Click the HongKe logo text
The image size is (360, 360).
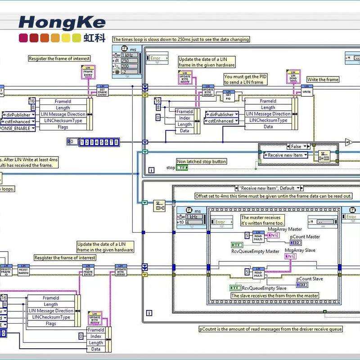click(x=62, y=22)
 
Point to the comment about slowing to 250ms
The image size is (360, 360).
click(x=180, y=39)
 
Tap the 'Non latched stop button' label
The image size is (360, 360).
click(x=201, y=162)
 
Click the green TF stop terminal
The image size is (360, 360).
click(x=182, y=168)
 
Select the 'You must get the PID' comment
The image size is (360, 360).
click(x=246, y=79)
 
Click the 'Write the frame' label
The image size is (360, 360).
click(x=323, y=80)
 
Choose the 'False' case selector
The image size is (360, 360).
click(x=297, y=146)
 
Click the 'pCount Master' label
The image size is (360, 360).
click(x=305, y=237)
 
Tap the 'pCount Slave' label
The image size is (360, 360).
click(x=310, y=279)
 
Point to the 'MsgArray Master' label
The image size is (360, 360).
click(x=285, y=229)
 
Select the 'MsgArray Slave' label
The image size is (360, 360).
click(x=300, y=250)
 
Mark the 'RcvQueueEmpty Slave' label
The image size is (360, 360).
click(x=264, y=288)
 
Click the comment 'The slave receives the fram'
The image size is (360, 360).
click(x=274, y=296)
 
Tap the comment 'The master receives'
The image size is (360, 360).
click(x=262, y=220)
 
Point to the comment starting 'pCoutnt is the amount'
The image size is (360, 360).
click(x=270, y=329)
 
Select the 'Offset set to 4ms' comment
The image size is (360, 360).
click(x=273, y=196)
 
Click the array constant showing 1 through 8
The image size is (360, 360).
click(x=99, y=142)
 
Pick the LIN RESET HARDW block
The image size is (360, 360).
click(x=23, y=270)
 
